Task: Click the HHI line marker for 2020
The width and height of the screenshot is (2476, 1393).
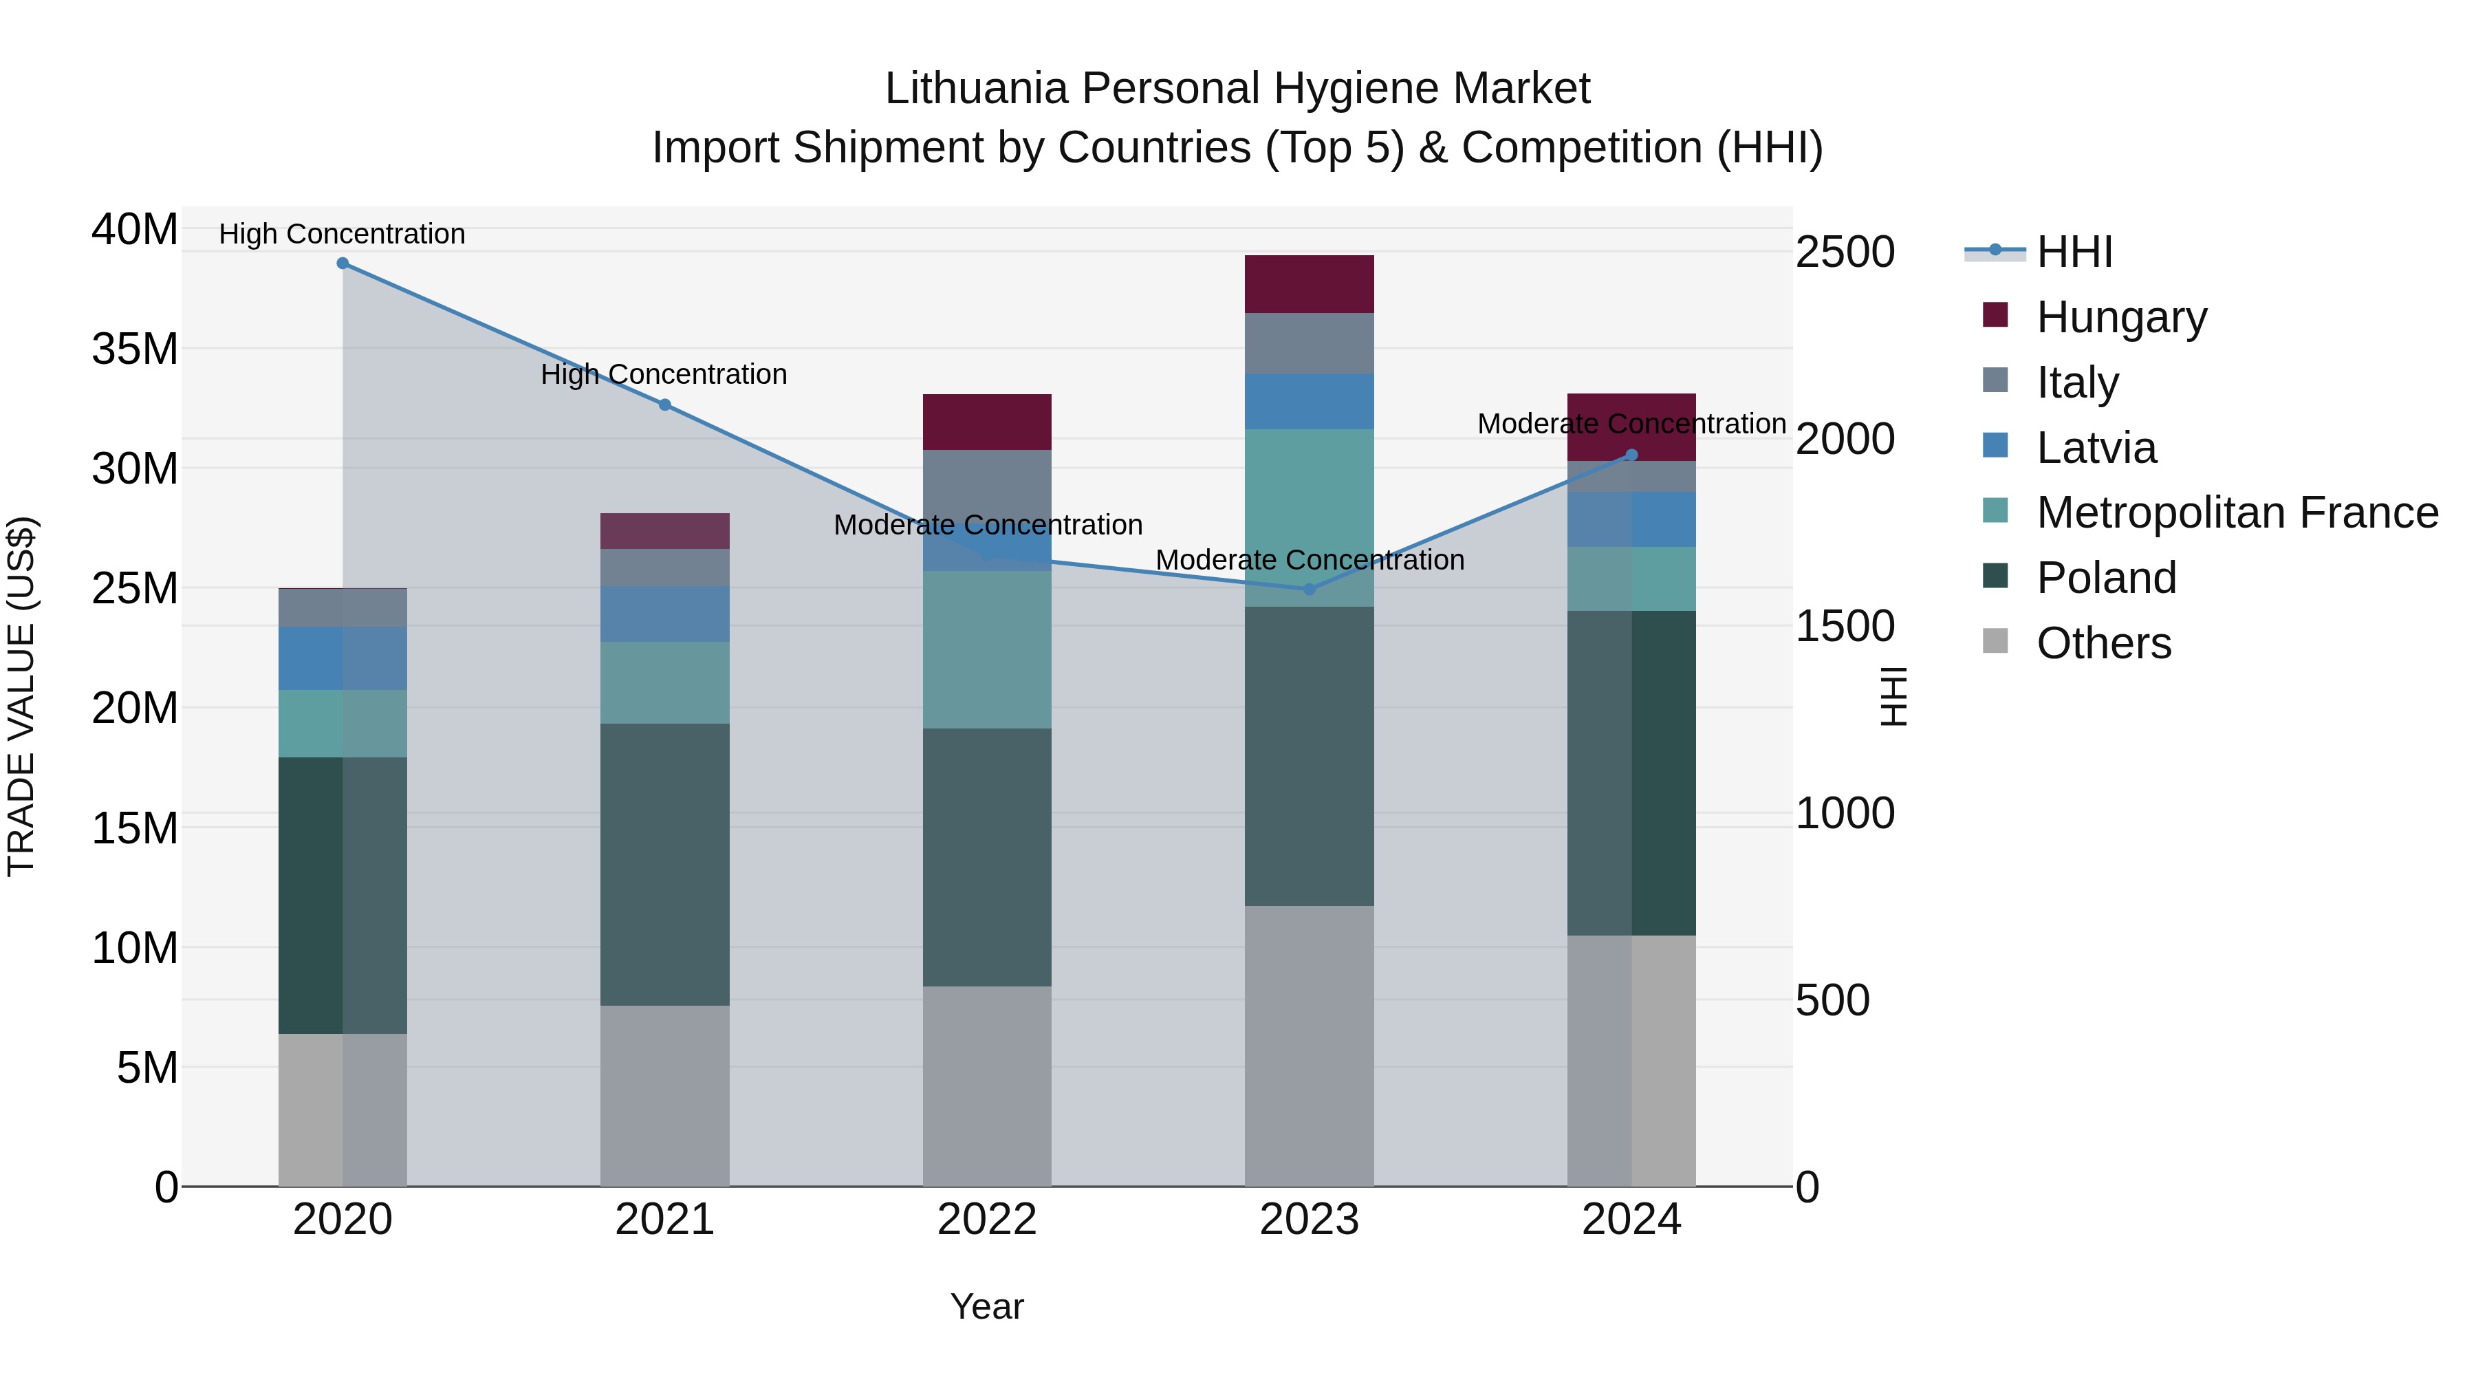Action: click(x=343, y=263)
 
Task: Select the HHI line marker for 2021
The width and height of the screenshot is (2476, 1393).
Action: click(x=664, y=404)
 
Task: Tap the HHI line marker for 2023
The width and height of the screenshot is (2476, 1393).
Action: click(x=1309, y=588)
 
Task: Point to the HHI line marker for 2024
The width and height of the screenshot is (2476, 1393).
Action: click(x=1631, y=455)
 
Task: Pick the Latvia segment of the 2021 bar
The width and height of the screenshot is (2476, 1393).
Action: click(x=664, y=614)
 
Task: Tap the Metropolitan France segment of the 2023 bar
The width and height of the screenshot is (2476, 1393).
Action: click(x=1309, y=517)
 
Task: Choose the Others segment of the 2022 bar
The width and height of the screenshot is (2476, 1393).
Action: click(x=987, y=1086)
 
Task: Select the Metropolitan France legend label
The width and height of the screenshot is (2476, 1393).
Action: click(x=2237, y=512)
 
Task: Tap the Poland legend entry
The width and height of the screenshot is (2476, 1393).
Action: click(x=2106, y=578)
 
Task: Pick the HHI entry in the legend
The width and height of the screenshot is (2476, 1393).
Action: click(x=2074, y=252)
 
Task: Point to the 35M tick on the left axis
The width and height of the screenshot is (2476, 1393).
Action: click(x=135, y=349)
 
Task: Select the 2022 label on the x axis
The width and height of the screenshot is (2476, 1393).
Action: click(x=987, y=1220)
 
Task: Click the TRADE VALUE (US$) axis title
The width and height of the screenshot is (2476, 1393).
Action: click(x=21, y=696)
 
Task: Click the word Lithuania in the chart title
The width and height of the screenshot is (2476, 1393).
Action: click(x=977, y=89)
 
